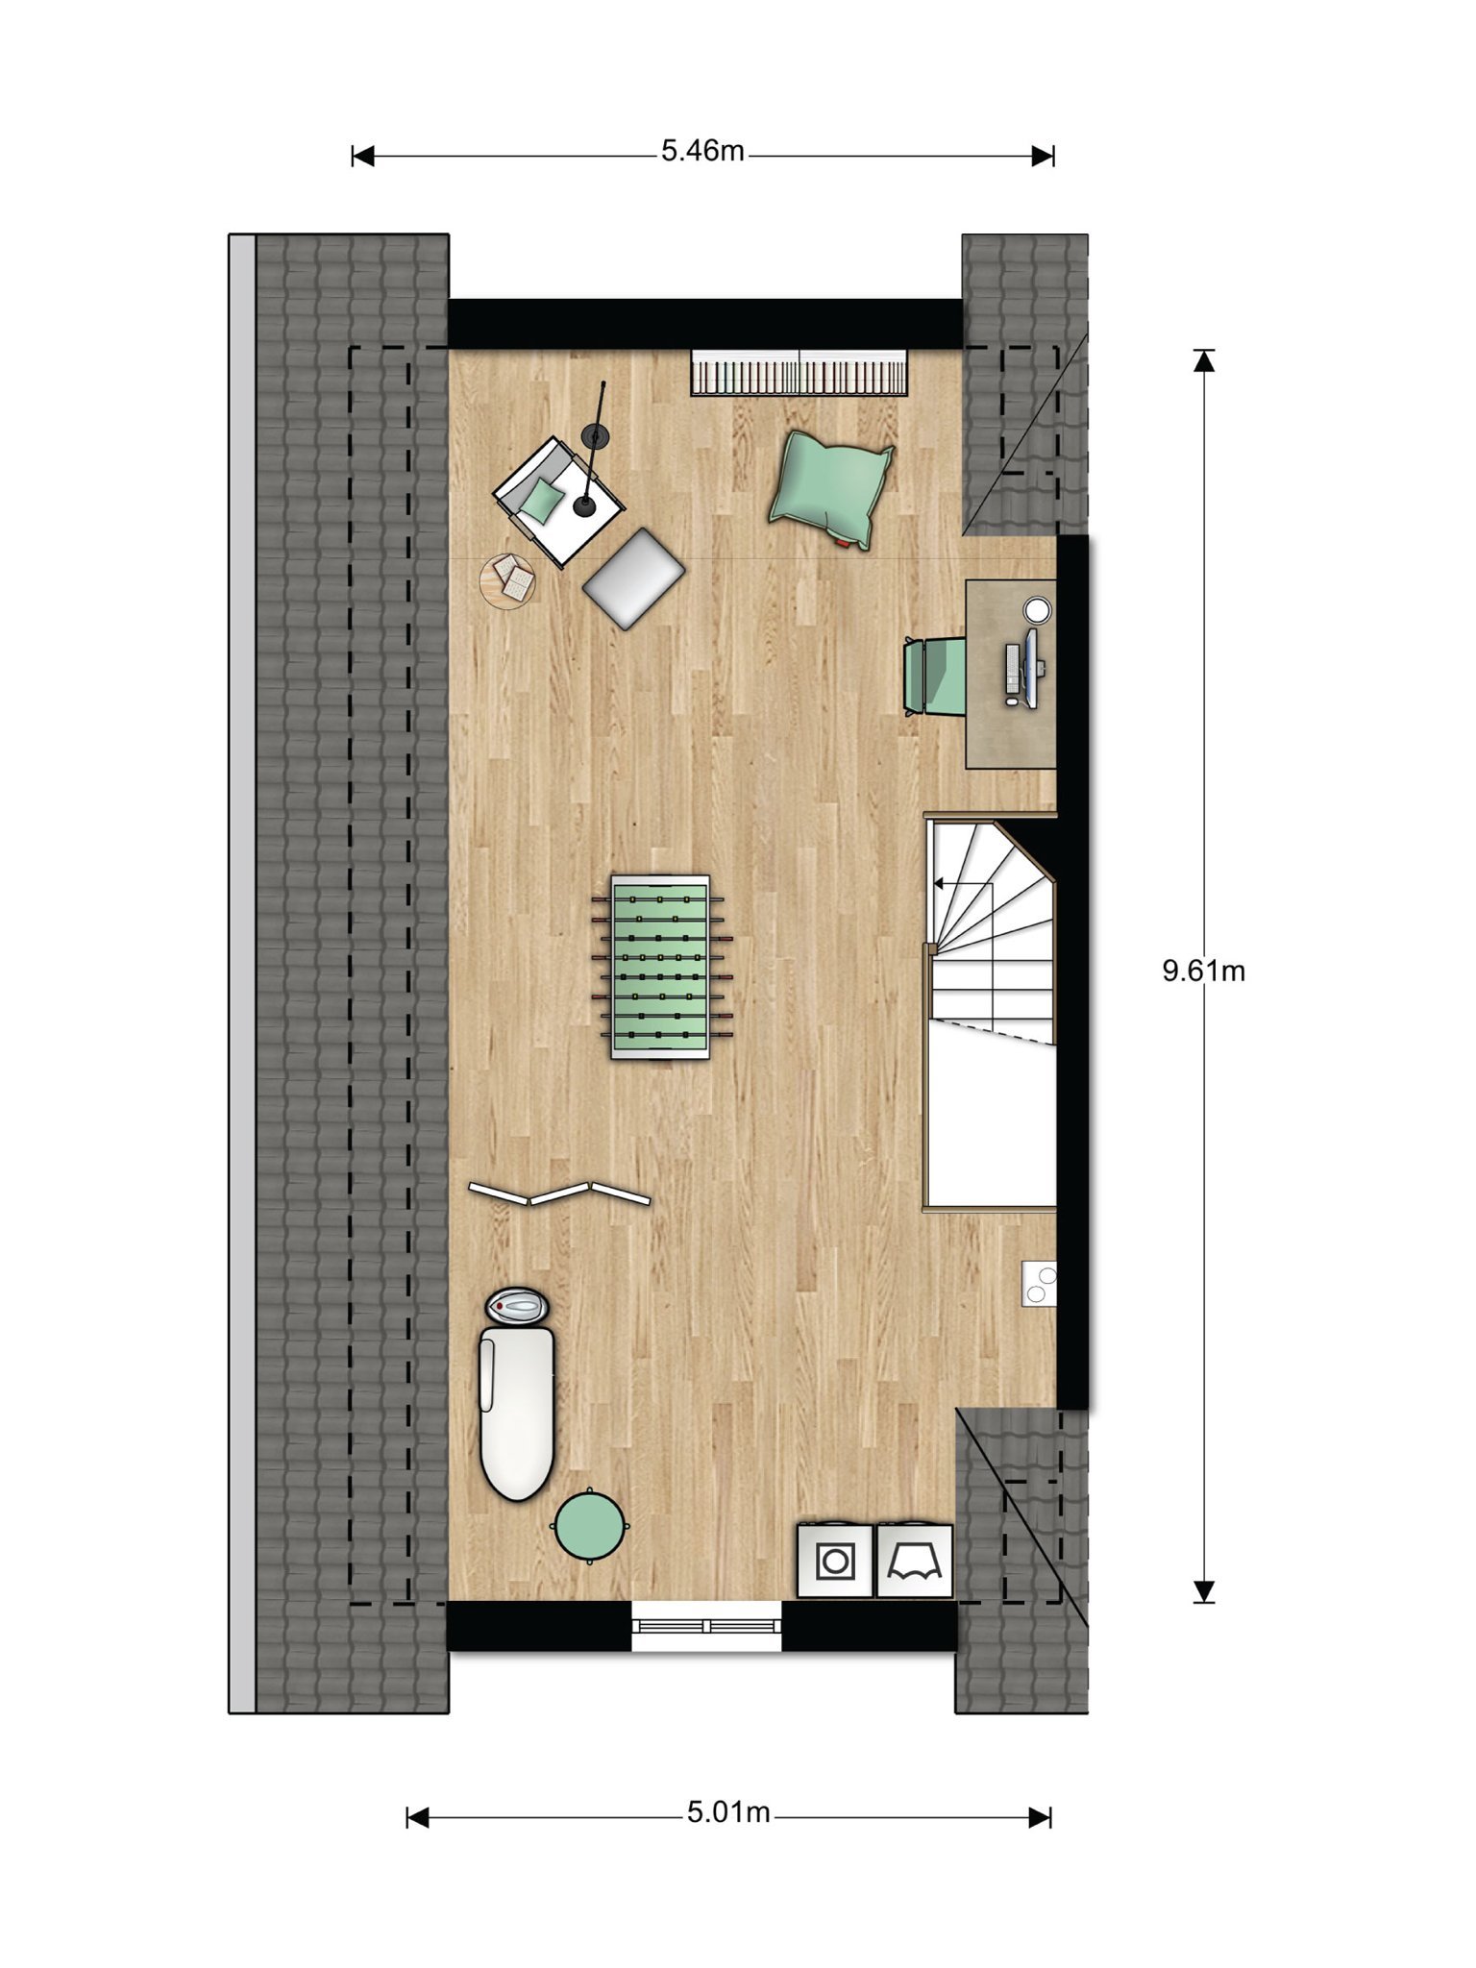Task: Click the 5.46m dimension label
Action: point(702,152)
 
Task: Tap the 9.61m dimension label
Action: point(1203,971)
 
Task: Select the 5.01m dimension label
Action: point(728,1812)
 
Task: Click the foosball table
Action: point(661,967)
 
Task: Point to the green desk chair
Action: point(934,676)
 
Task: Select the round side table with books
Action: point(508,580)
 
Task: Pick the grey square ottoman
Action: point(633,578)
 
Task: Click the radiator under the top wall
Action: point(799,373)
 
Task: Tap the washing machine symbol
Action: point(835,1562)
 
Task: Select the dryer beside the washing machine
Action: point(915,1562)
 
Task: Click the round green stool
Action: point(589,1526)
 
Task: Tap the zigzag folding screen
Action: point(559,1193)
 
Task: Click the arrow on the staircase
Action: point(963,883)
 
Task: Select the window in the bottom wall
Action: point(706,1626)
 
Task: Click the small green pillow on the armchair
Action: point(542,501)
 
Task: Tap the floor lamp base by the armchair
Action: point(584,505)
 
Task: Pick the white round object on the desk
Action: point(1037,609)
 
